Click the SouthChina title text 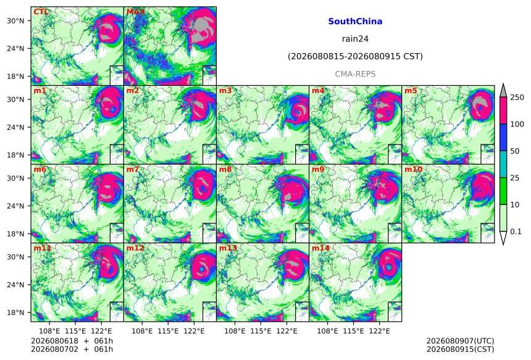(x=355, y=22)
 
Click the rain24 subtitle (x=355, y=39)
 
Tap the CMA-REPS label (x=355, y=74)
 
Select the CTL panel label (x=41, y=12)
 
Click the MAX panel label (x=135, y=12)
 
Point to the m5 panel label (x=411, y=91)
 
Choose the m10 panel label (x=413, y=169)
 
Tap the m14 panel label (x=320, y=248)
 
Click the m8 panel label (x=225, y=169)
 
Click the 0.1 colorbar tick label (x=516, y=232)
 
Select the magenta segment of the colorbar (x=503, y=111)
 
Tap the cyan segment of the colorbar (x=503, y=164)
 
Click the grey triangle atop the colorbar (x=503, y=91)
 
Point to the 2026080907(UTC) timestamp (x=460, y=341)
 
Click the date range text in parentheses (x=355, y=56)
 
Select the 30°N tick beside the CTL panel (x=15, y=20)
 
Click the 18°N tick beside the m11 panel (x=15, y=312)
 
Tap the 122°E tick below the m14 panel (x=379, y=331)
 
